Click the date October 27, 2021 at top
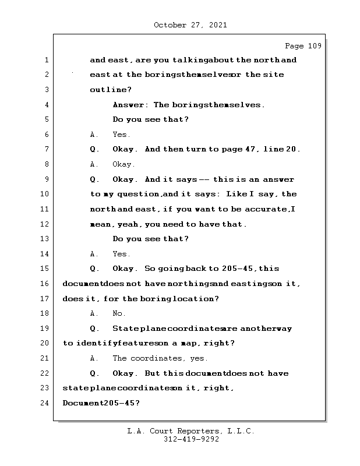190,25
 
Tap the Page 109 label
302,46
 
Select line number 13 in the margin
46,239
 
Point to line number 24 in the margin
46,403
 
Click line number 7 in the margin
46,149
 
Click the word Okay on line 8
123,164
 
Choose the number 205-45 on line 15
239,269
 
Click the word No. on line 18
119,313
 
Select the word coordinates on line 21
160,358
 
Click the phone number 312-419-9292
190,440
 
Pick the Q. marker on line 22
94,373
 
